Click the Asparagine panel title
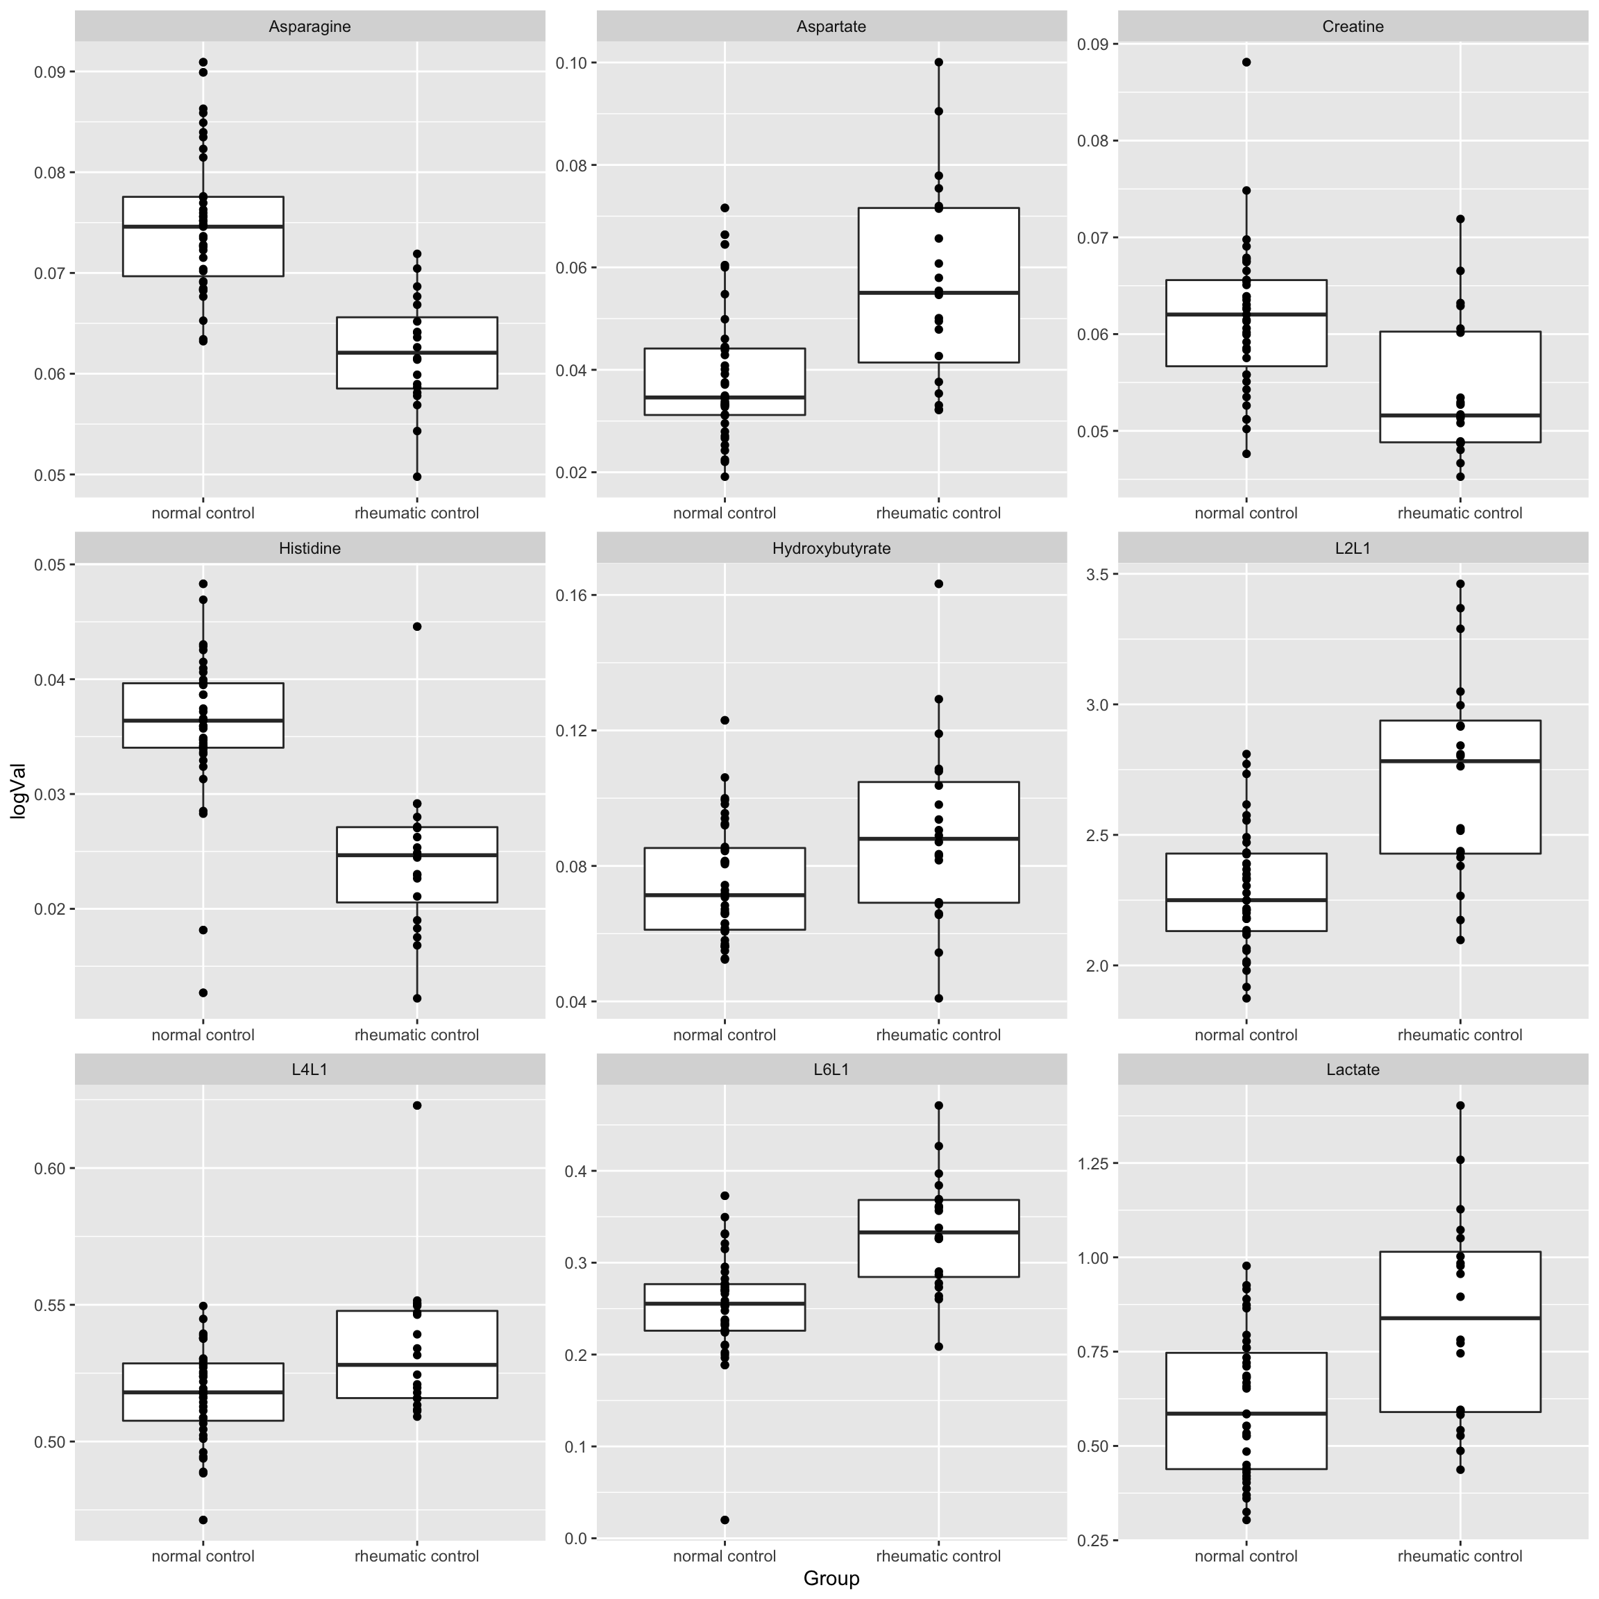[310, 26]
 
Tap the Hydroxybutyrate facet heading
[831, 548]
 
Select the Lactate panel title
[1353, 1069]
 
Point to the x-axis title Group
[831, 1578]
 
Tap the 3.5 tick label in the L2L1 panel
[1097, 575]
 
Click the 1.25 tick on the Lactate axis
[1092, 1163]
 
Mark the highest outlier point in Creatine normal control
[1246, 62]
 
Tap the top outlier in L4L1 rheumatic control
[417, 1105]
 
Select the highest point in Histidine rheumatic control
[417, 627]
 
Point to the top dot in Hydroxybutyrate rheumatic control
[938, 584]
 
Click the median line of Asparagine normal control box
[203, 226]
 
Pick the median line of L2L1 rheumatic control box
[1460, 761]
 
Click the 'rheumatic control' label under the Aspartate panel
[938, 513]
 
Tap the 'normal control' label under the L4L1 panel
[203, 1556]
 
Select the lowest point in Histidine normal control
[203, 992]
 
